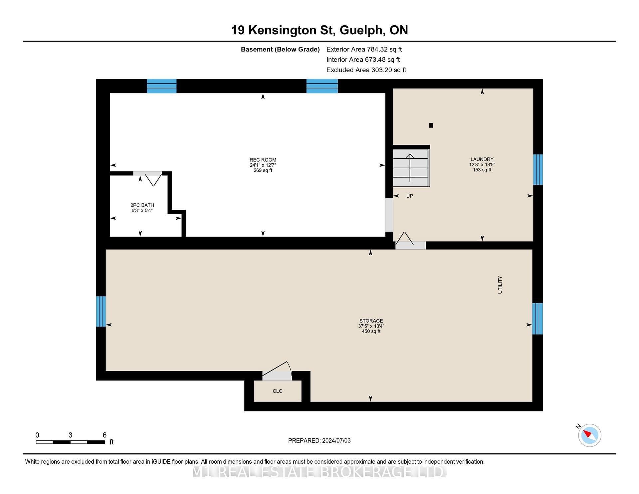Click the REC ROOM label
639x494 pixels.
tap(263, 160)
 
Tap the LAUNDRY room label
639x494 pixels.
tap(482, 159)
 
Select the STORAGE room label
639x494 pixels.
tap(371, 321)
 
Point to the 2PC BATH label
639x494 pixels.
tap(142, 205)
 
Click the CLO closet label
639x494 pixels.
tap(278, 391)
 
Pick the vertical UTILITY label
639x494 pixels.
tap(500, 285)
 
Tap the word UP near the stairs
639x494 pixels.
tap(410, 196)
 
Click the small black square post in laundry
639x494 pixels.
tap(431, 125)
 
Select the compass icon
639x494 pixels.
tap(590, 435)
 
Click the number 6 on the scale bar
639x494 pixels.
tap(105, 435)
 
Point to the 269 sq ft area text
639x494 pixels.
tap(263, 170)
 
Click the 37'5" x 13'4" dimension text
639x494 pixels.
tap(371, 326)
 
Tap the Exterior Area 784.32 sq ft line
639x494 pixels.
tap(364, 49)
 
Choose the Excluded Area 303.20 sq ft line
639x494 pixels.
tap(366, 70)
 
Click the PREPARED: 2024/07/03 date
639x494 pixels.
tap(319, 440)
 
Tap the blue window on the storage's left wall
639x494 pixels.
tap(101, 311)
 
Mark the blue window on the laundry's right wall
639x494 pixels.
tap(538, 169)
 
